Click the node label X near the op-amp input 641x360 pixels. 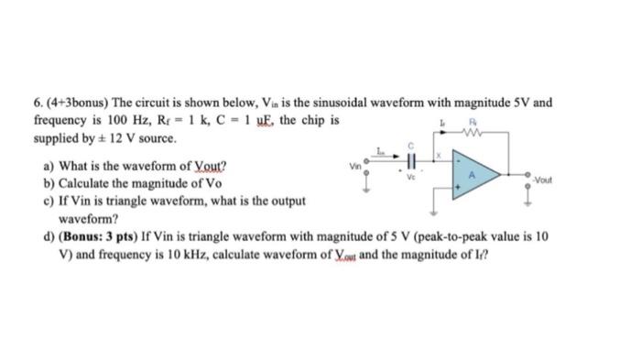point(439,156)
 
